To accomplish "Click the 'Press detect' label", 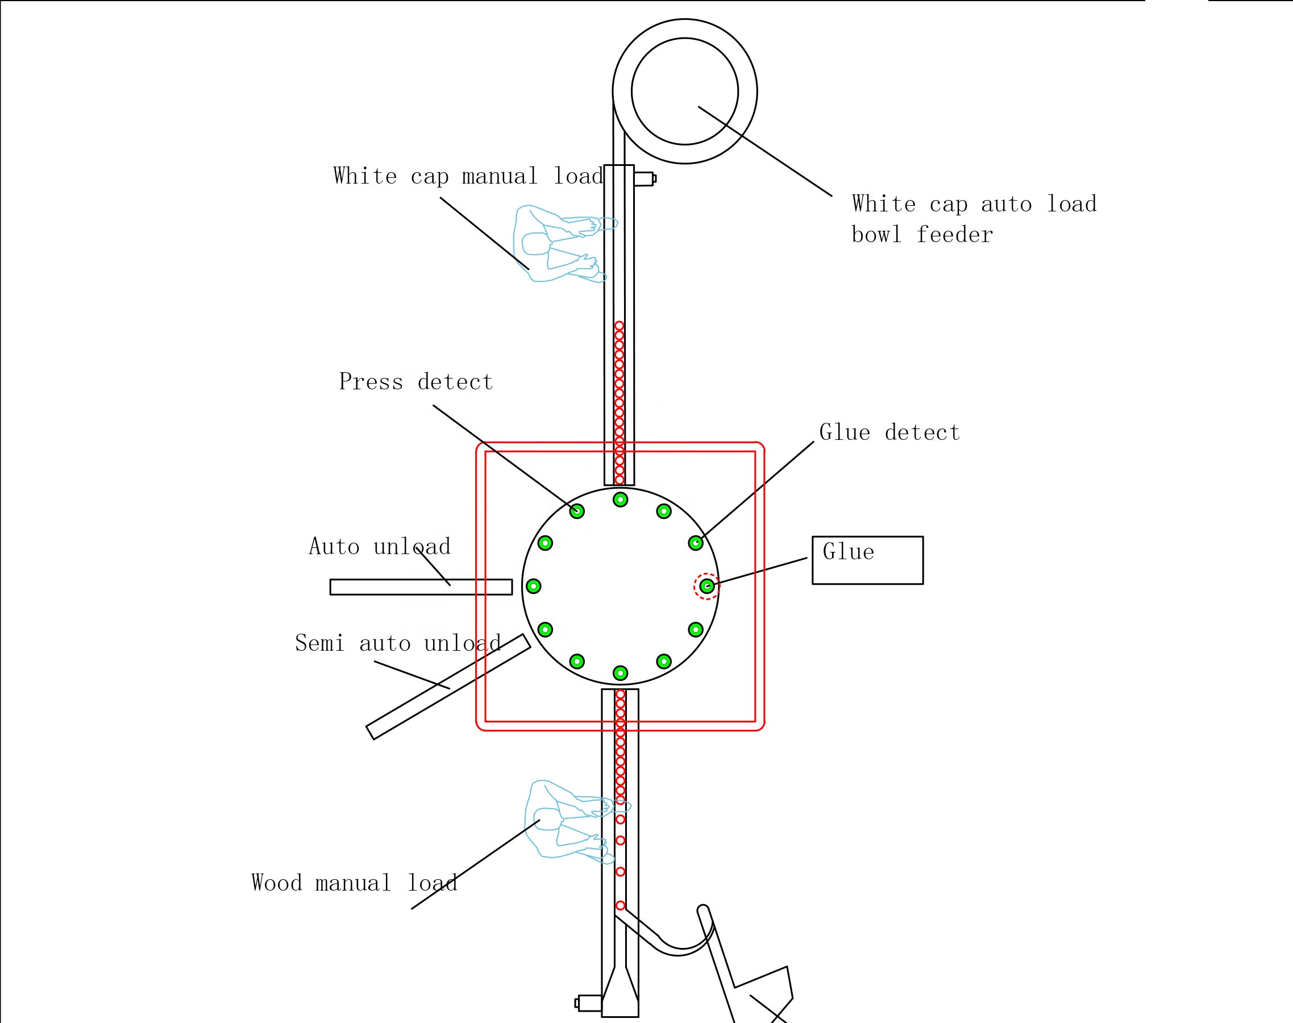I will pos(415,382).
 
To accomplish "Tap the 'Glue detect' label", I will pos(889,433).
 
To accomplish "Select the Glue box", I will pos(867,560).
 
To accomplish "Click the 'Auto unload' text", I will pos(379,546).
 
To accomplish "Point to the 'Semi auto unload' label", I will pos(398,643).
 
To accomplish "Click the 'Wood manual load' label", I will pos(354,883).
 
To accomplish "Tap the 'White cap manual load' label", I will pos(468,176).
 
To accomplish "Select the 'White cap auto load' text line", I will pos(974,203).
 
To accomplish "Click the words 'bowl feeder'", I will pos(922,234).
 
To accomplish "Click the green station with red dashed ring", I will pos(706,586).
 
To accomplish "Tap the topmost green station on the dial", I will pos(621,500).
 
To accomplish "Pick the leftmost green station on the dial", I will pos(533,586).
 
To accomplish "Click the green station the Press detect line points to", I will pos(577,511).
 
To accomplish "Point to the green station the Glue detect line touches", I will pos(695,543).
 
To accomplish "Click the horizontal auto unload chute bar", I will pos(421,587).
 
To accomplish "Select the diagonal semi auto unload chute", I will pos(448,687).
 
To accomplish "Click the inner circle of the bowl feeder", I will pos(684,91).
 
